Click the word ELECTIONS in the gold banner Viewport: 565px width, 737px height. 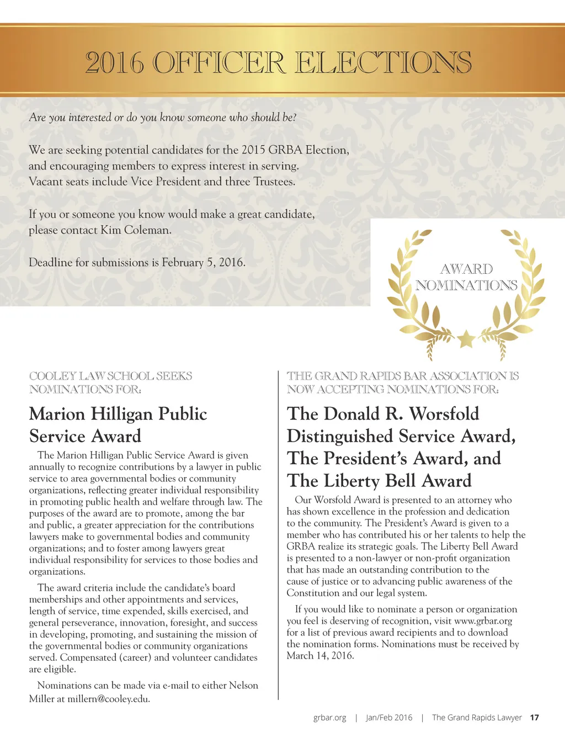[x=383, y=62]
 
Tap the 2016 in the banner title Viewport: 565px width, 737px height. [x=115, y=62]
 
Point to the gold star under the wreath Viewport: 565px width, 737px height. [x=466, y=338]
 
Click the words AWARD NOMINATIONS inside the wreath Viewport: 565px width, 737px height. [x=466, y=277]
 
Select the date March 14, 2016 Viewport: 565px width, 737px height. [x=320, y=656]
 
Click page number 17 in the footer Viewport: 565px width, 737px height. [x=534, y=718]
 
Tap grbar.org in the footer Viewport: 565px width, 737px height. [x=329, y=718]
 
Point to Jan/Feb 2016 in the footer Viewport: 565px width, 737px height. [x=389, y=718]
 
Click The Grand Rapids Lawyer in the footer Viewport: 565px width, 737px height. [x=477, y=718]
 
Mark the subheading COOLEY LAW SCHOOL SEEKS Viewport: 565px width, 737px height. [x=110, y=376]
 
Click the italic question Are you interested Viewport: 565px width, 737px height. [x=162, y=118]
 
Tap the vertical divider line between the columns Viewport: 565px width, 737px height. [x=279, y=535]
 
